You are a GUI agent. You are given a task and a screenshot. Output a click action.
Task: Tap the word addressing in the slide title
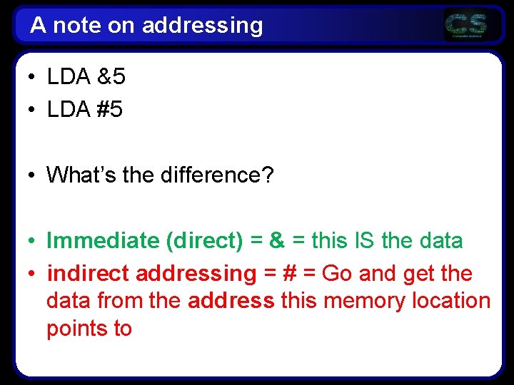tap(202, 26)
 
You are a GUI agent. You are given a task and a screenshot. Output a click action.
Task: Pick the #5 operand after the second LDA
tap(109, 110)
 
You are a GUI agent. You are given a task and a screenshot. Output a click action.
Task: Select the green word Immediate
tap(103, 241)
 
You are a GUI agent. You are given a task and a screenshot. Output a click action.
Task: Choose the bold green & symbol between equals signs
tap(277, 241)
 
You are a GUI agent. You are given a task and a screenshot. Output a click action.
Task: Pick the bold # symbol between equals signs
tap(289, 274)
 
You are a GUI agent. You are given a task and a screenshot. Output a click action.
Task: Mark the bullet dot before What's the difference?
tap(33, 175)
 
